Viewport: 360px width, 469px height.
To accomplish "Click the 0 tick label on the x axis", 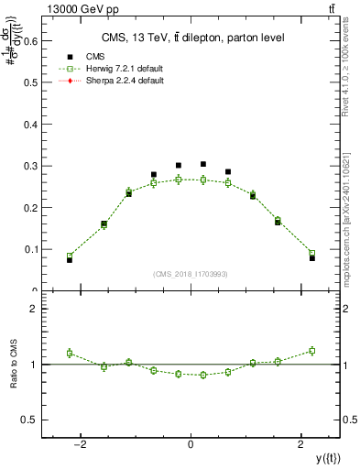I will [x=191, y=445].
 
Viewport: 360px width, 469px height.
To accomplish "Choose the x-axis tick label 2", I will [x=301, y=445].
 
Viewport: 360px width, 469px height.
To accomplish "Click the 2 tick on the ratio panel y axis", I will [x=35, y=309].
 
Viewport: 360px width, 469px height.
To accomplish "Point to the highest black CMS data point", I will [x=203, y=164].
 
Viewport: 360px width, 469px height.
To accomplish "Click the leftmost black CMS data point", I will [x=70, y=260].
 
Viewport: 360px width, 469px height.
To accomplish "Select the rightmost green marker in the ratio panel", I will [x=311, y=351].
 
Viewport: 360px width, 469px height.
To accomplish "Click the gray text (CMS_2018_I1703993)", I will [x=191, y=274].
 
